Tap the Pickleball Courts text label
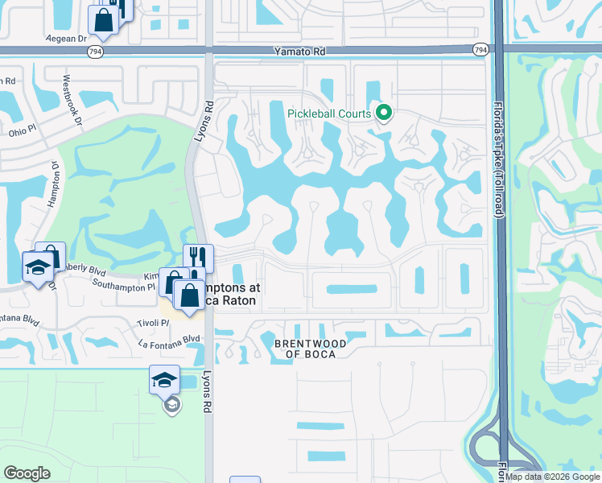click(x=329, y=114)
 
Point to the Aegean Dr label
click(x=67, y=38)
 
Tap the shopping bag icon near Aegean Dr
click(x=104, y=21)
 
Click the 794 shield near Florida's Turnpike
click(x=480, y=50)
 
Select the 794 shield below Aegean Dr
click(x=94, y=50)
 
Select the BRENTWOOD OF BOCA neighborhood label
click(x=311, y=349)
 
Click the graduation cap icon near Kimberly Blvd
click(x=37, y=266)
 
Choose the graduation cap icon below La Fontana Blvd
click(x=164, y=379)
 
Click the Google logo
click(x=27, y=473)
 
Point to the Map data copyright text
click(x=552, y=477)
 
